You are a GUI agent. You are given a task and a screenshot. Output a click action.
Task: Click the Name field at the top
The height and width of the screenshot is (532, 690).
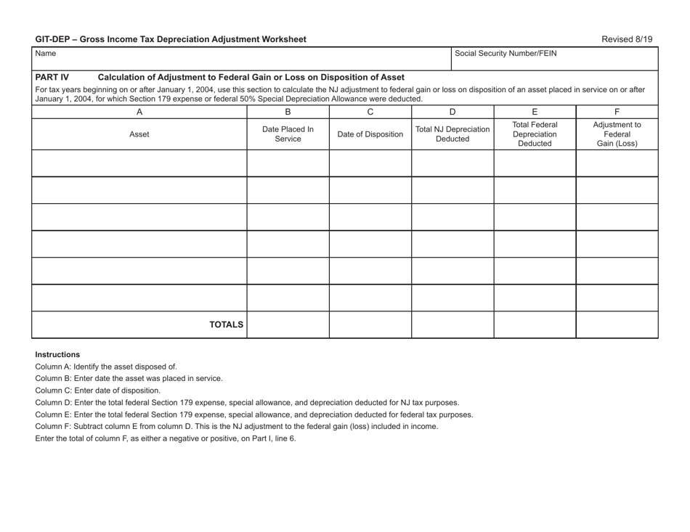click(240, 60)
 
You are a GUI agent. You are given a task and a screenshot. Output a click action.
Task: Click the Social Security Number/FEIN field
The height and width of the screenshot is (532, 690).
click(555, 60)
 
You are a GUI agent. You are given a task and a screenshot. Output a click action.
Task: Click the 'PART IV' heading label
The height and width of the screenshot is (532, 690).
click(52, 77)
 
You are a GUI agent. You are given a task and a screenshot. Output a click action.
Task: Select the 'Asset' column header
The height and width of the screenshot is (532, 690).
click(139, 134)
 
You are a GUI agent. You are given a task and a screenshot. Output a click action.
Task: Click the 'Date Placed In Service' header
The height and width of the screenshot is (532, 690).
click(288, 134)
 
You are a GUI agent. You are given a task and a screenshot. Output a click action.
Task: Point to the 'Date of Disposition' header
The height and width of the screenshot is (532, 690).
click(370, 134)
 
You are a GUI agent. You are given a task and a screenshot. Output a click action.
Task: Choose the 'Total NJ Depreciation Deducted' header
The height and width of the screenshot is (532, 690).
click(452, 134)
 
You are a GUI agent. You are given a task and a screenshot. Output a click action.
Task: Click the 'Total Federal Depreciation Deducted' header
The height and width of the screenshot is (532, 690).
click(535, 134)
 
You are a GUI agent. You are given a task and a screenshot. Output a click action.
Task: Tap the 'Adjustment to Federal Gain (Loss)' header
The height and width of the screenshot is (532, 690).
click(617, 134)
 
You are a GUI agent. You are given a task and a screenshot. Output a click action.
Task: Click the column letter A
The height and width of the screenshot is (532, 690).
click(139, 112)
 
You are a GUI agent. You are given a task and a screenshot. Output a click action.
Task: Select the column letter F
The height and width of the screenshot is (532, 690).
click(617, 112)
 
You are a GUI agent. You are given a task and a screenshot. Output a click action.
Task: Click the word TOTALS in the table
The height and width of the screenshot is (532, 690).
click(227, 324)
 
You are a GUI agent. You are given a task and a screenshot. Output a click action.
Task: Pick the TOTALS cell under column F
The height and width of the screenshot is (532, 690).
click(617, 324)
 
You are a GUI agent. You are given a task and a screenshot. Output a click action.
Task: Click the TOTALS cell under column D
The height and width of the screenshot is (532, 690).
click(452, 324)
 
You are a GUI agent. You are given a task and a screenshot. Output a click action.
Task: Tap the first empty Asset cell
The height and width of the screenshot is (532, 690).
click(139, 163)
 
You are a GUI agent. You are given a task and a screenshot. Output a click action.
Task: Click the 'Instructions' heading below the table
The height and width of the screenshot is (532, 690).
click(57, 354)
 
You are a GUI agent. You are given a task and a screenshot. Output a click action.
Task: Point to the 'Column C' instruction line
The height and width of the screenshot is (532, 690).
click(98, 390)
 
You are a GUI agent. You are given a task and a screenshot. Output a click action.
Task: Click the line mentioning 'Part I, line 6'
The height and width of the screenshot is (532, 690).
click(166, 438)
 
